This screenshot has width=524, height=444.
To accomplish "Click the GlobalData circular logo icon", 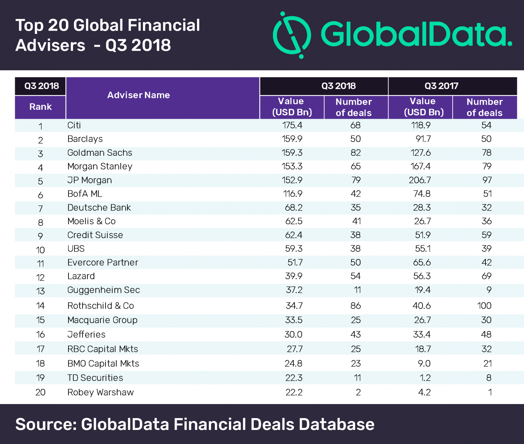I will (291, 35).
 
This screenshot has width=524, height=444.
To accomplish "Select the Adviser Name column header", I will (138, 95).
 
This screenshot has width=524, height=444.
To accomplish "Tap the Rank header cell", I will (40, 107).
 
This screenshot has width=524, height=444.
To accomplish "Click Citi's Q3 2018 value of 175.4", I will (292, 125).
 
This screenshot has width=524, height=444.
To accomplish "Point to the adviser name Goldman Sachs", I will (100, 153).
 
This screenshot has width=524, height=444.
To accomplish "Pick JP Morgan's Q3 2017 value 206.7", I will (421, 180).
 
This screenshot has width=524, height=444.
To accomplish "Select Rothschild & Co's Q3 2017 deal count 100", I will (484, 306).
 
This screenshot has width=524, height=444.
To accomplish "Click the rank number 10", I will (40, 250).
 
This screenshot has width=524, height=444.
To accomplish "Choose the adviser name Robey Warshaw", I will (100, 392).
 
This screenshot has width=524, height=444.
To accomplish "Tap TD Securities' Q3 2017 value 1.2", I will (424, 378).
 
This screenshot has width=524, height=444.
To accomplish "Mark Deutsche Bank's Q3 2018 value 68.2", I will (294, 208).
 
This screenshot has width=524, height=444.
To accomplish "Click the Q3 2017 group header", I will (441, 86).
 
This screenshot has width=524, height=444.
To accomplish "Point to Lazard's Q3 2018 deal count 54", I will (356, 276).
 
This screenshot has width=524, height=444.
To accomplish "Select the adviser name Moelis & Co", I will (91, 221).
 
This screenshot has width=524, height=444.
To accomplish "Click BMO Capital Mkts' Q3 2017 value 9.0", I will (424, 363).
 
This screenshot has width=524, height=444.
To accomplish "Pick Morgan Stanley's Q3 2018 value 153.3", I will (292, 166).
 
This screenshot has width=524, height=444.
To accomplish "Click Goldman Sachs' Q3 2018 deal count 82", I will (356, 153).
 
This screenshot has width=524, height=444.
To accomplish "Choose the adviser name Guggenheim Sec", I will (103, 290).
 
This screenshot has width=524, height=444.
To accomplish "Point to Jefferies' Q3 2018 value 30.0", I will (293, 334).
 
